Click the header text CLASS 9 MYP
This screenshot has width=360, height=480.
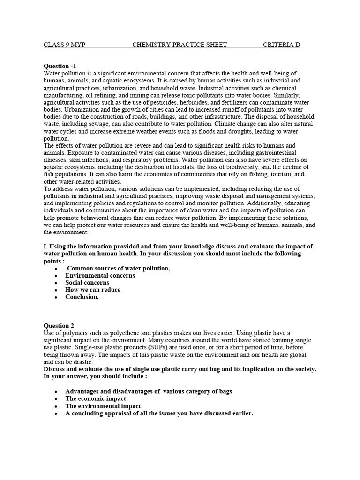pyautogui.click(x=64, y=45)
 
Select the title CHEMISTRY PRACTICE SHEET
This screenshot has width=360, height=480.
pyautogui.click(x=180, y=45)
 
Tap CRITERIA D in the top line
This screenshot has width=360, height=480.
pyautogui.click(x=281, y=45)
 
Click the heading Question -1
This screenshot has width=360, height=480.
pyautogui.click(x=60, y=66)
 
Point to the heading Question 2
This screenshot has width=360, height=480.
pyautogui.click(x=59, y=326)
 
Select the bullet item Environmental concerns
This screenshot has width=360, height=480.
pyautogui.click(x=100, y=276)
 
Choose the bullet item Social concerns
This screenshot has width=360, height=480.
pyautogui.click(x=87, y=283)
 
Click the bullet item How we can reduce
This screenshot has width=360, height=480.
pyautogui.click(x=93, y=290)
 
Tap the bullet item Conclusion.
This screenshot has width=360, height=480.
pyautogui.click(x=82, y=297)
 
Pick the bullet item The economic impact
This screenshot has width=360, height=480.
pyautogui.click(x=96, y=399)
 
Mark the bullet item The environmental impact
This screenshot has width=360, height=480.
pyautogui.click(x=103, y=406)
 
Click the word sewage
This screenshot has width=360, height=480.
pyautogui.click(x=95, y=124)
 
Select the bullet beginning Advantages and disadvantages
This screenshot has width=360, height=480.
pyautogui.click(x=149, y=391)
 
